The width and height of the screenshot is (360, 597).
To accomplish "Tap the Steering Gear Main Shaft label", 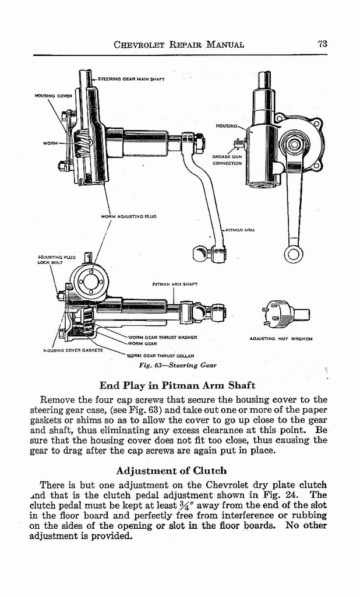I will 131,78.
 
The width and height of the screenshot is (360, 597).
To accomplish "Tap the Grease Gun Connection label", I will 227,160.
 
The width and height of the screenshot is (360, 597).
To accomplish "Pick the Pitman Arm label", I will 240,230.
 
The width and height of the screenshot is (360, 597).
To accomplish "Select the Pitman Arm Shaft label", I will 175,284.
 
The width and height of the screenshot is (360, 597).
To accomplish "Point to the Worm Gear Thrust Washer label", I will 163,337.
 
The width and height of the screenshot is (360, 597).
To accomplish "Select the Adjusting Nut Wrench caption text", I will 280,338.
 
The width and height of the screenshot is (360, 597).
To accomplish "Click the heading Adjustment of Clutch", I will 171,470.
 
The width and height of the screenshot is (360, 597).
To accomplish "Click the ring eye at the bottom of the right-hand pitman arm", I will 293,254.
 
